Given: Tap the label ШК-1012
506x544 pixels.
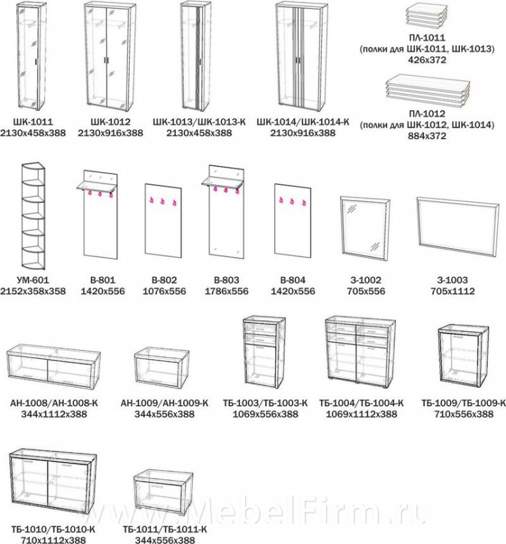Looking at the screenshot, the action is (110, 122).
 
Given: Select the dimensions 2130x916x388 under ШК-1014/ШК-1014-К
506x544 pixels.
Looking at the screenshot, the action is (302, 133).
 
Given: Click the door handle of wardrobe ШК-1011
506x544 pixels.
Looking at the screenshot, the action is (36, 62).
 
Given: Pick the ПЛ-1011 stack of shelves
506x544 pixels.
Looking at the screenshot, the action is (425, 16).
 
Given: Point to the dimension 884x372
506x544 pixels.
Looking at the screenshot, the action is (427, 136).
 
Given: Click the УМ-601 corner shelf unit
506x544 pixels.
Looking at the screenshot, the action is (33, 216).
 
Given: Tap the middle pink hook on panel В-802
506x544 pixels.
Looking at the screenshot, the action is (162, 201).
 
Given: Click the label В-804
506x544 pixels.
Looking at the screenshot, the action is (293, 280).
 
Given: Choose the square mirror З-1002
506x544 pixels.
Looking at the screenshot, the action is (365, 228).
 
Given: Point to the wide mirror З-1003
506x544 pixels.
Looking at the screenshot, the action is (458, 227).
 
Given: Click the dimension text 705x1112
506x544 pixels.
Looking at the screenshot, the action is (452, 291).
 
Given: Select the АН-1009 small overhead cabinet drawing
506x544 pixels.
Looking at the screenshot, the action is (162, 367).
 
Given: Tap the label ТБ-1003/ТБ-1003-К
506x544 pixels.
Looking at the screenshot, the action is (265, 403).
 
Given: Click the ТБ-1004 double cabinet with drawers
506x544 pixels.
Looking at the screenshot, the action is (361, 350).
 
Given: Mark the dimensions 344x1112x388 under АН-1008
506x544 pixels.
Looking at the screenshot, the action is (54, 414).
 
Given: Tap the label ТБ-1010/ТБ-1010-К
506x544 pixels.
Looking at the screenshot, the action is (53, 530).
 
